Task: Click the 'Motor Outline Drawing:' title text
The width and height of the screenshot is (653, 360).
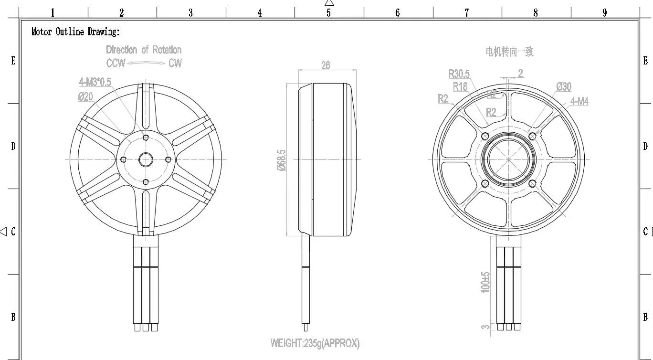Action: pos(75,32)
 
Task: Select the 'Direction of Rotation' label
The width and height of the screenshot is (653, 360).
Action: pos(144,50)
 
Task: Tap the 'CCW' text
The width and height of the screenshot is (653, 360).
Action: pos(116,63)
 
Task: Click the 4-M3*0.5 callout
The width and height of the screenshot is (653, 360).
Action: pos(95,83)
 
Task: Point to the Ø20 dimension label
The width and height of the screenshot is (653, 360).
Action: pos(85,97)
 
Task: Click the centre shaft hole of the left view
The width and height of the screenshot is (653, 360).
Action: pos(146,159)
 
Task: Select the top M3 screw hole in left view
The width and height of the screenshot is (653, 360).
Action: pos(146,138)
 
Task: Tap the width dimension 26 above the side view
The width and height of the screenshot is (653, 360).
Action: pos(326,65)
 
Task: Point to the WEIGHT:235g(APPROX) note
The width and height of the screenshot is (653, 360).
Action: pos(315,343)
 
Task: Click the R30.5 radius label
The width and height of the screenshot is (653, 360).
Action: pos(459,74)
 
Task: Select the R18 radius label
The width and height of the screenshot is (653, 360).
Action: pos(460,86)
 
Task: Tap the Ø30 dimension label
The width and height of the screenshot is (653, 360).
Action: pos(564,86)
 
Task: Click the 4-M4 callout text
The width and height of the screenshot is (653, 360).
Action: pos(579,101)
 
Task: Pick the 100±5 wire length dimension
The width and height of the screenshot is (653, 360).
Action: pos(485,282)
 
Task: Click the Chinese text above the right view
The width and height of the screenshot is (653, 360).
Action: pos(509,52)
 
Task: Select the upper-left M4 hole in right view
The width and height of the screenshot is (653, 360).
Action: pos(485,136)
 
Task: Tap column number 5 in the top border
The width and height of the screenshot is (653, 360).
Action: pos(328,13)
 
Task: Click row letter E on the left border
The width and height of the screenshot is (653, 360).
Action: pos(13,61)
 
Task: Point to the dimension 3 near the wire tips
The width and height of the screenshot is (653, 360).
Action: pos(485,327)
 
